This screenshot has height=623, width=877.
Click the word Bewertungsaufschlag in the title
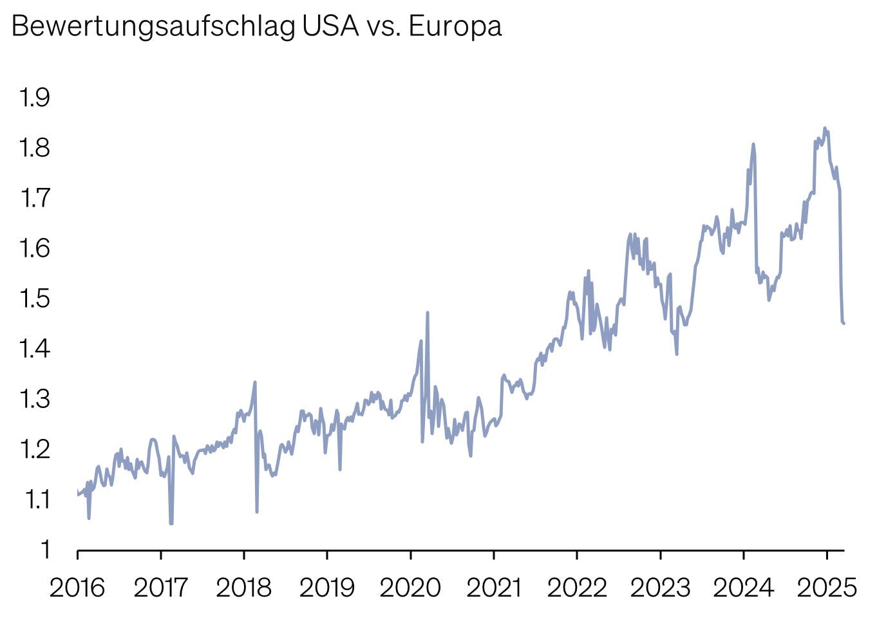(x=153, y=27)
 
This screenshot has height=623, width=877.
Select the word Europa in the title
(x=455, y=27)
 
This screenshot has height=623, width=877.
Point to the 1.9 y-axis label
(x=35, y=98)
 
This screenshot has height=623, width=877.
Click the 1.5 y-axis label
(x=35, y=299)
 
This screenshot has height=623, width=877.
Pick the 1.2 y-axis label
(x=35, y=449)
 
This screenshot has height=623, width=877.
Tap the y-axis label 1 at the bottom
(x=45, y=550)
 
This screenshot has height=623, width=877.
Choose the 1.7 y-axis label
(x=35, y=198)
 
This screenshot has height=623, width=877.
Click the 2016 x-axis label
(x=77, y=587)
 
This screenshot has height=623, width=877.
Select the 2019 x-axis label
(x=327, y=587)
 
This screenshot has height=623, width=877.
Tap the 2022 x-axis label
(x=577, y=587)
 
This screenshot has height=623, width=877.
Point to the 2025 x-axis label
(x=827, y=587)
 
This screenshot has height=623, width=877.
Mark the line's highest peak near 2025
(x=825, y=128)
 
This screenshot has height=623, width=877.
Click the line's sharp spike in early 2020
(x=428, y=313)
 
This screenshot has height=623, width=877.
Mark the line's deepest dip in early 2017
(x=171, y=523)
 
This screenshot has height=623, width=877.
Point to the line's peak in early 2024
(x=753, y=145)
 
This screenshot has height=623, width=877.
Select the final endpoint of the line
(x=844, y=323)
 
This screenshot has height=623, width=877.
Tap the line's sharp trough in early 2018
(x=257, y=512)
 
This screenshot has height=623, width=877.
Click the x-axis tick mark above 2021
(x=494, y=555)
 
